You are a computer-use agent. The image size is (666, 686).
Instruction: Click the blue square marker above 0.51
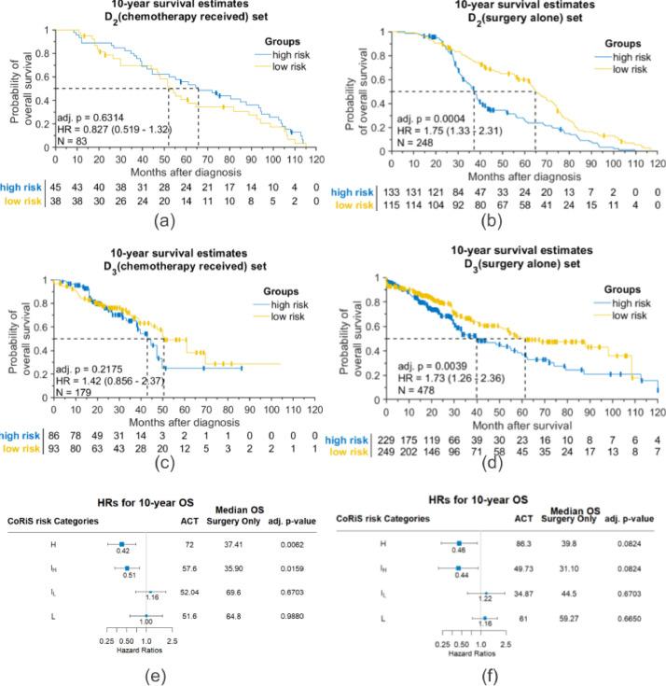[x=127, y=540]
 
